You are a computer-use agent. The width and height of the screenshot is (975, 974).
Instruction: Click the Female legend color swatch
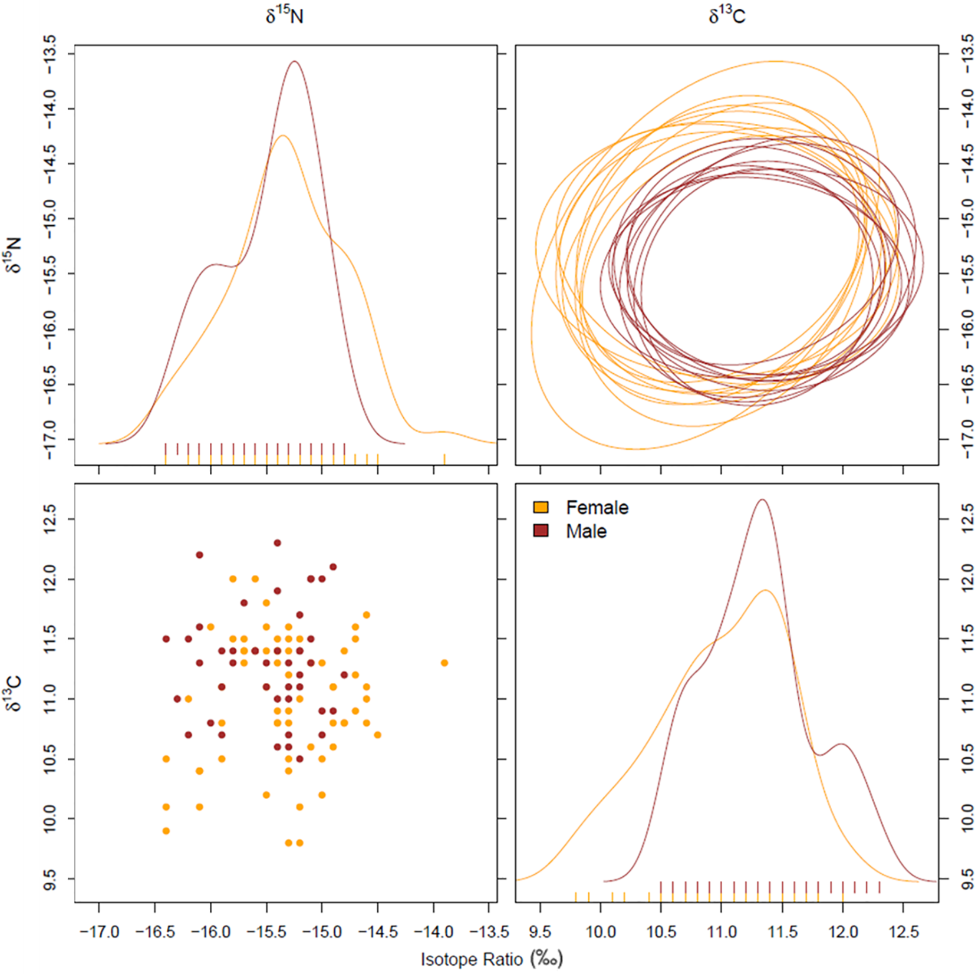click(541, 507)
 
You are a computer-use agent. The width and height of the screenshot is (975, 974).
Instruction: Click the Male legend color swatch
click(541, 531)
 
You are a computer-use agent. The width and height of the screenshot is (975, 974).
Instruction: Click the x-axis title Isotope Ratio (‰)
click(492, 959)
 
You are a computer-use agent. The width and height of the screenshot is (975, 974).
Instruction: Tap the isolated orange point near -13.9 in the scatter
click(444, 663)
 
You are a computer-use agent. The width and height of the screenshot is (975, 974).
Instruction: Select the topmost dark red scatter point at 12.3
click(278, 542)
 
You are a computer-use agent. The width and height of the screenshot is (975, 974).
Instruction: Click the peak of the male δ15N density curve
click(294, 62)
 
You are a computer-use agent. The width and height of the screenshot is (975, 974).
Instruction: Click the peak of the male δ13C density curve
click(762, 500)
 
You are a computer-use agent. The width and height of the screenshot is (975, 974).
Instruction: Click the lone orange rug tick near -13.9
click(444, 459)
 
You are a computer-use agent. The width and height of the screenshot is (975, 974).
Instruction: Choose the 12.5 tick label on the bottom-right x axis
click(903, 932)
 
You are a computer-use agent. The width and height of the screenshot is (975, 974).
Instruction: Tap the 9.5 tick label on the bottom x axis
click(540, 932)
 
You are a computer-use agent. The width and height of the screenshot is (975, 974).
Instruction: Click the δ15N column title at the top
click(284, 16)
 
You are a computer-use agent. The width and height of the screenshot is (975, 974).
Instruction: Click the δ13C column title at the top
click(727, 16)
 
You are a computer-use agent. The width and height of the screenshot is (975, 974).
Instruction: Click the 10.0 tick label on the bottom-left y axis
click(51, 818)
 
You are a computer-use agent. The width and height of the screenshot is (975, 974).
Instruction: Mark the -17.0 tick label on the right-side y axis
click(967, 439)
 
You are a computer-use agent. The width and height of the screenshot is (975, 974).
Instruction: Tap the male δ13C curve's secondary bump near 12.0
click(842, 744)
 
